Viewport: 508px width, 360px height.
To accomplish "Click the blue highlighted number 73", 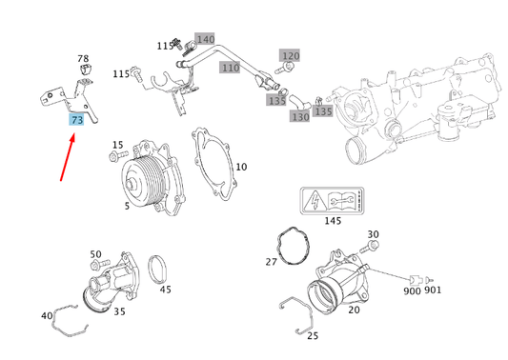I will tap(76, 120).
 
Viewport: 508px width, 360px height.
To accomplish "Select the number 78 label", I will tap(83, 59).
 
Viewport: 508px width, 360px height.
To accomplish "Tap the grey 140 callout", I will tap(205, 40).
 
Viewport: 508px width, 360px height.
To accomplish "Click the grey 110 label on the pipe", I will tap(230, 68).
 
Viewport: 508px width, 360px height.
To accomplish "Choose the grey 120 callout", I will tap(290, 56).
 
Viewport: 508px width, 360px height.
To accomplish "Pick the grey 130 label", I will tap(300, 117).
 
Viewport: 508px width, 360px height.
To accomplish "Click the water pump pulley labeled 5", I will tap(140, 181).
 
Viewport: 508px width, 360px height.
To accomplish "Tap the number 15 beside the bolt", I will tap(117, 145).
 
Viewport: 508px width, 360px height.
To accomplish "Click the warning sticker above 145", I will tap(331, 201).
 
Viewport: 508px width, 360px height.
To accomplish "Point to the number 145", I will tap(331, 221).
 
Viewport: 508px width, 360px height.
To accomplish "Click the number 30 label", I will tap(373, 234).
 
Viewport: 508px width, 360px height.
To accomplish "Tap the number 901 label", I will tap(433, 290).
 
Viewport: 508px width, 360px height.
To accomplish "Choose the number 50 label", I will tap(95, 254).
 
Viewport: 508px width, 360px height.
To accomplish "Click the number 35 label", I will tap(120, 310).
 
